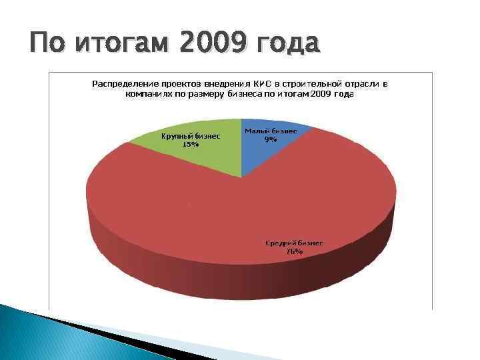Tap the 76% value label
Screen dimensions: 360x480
(x=294, y=252)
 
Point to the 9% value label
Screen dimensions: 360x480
(x=270, y=140)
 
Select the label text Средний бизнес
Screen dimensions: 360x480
(x=294, y=243)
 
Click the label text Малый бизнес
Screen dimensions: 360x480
(x=270, y=132)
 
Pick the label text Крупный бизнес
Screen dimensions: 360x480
(x=191, y=135)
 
